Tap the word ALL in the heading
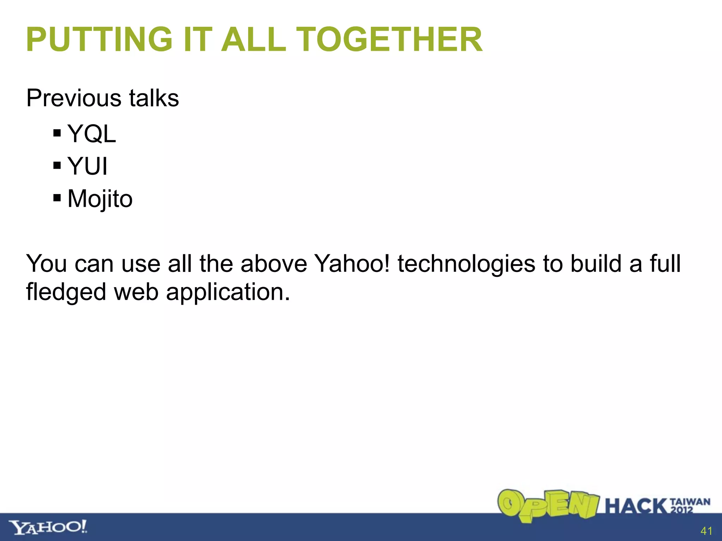(x=253, y=39)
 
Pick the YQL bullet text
(x=91, y=134)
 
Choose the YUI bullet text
(x=87, y=166)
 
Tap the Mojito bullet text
(x=100, y=199)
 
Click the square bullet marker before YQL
(x=57, y=133)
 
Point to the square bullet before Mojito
(x=57, y=198)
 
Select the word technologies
(x=466, y=264)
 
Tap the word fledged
(x=66, y=292)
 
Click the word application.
(x=228, y=292)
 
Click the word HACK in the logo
(x=637, y=506)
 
